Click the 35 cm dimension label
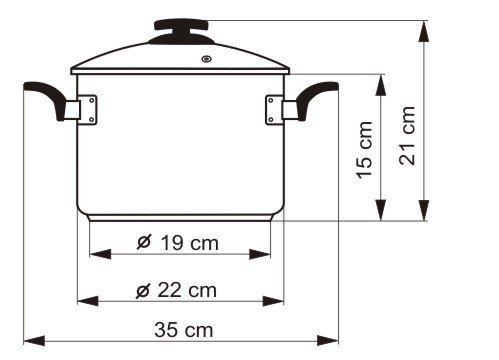tap(184, 330)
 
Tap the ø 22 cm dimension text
tap(176, 290)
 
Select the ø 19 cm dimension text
tap(178, 242)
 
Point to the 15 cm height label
tap(365, 150)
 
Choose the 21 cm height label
tap(407, 135)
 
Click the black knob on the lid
tap(181, 31)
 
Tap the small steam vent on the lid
tap(207, 59)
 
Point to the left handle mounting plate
tap(88, 110)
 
